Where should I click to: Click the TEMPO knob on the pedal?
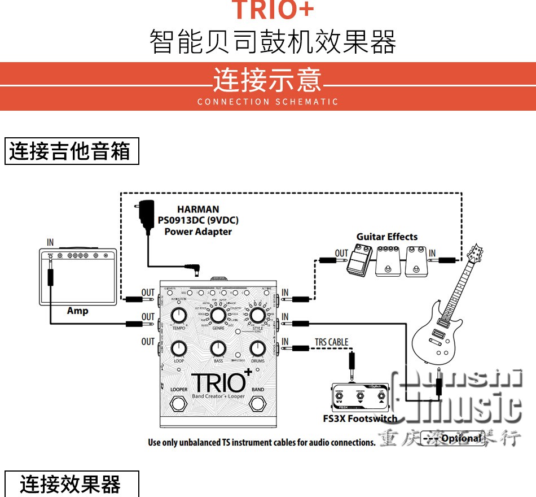click(x=179, y=316)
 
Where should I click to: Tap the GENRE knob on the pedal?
click(x=218, y=315)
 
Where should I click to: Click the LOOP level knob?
click(x=179, y=348)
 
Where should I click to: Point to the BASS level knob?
click(x=218, y=348)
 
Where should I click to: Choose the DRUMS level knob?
click(x=257, y=348)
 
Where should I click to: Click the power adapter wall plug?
click(x=147, y=215)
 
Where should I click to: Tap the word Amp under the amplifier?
click(x=78, y=311)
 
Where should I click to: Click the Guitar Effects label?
click(x=387, y=237)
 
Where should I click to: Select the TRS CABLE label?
click(x=331, y=342)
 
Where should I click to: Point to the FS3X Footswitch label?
click(x=360, y=418)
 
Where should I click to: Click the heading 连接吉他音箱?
click(x=71, y=151)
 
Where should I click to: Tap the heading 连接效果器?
click(x=71, y=485)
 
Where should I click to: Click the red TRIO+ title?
click(x=273, y=10)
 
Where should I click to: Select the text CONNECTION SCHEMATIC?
click(x=268, y=102)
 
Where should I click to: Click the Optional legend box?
click(x=453, y=438)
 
